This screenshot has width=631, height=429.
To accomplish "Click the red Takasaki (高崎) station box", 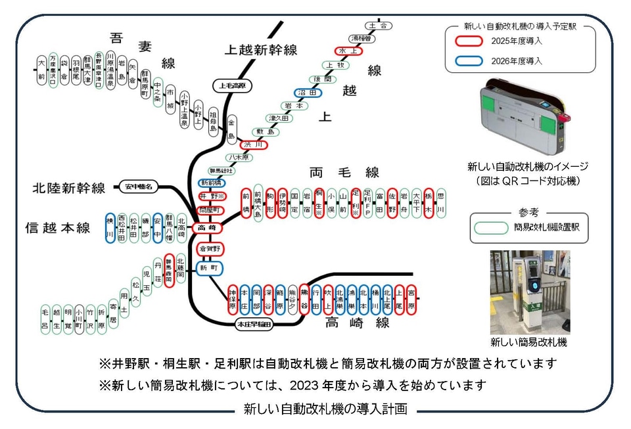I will click(210, 228).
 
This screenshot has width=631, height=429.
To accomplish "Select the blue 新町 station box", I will click(210, 268).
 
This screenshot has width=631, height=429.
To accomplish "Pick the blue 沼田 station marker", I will click(308, 93).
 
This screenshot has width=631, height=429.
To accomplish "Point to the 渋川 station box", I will click(253, 145).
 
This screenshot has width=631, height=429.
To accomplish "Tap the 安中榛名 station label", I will click(139, 187).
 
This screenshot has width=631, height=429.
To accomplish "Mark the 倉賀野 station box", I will click(210, 248).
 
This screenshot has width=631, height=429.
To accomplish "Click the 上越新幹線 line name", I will click(261, 50).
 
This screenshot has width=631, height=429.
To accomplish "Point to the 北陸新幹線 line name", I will click(69, 189).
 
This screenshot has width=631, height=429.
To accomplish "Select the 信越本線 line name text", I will click(58, 228).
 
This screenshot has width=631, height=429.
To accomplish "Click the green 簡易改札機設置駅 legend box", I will click(492, 228).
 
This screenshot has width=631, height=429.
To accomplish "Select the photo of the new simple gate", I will click(530, 292).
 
